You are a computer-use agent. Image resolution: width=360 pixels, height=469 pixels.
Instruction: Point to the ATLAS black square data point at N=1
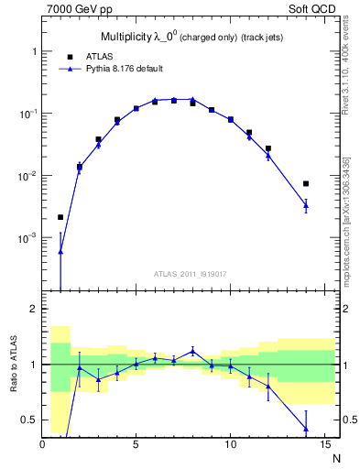click(60, 217)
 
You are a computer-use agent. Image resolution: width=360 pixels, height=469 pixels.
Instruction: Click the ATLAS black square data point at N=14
click(306, 183)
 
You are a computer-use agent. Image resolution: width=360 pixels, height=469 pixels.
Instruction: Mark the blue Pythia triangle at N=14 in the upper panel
click(306, 205)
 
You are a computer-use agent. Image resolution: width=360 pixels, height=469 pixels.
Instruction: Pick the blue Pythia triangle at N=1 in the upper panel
click(60, 251)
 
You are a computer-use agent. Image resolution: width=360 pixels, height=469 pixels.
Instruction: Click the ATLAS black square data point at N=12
click(268, 148)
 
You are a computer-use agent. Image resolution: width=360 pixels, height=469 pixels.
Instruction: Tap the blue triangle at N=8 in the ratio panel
click(192, 350)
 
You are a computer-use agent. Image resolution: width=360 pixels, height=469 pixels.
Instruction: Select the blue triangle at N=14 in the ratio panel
click(306, 429)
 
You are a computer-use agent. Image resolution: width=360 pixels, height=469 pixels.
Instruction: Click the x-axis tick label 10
click(230, 446)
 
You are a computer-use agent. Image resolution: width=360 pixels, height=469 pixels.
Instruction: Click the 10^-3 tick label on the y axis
click(27, 237)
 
